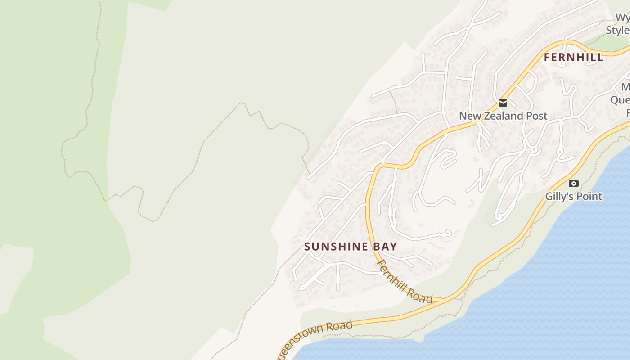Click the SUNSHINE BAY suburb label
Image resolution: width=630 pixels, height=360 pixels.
[351, 247]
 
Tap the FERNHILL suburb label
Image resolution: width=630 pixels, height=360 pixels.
[573, 58]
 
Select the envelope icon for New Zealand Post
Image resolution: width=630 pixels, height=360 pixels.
[503, 103]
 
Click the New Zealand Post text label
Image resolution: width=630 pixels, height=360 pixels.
[503, 116]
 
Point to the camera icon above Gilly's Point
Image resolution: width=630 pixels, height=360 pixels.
[573, 183]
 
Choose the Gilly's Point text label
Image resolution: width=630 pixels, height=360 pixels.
[573, 196]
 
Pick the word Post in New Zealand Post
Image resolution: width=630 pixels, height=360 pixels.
[537, 116]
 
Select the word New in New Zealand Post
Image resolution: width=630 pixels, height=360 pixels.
[468, 116]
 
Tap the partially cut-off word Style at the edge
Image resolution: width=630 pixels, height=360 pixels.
[617, 30]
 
